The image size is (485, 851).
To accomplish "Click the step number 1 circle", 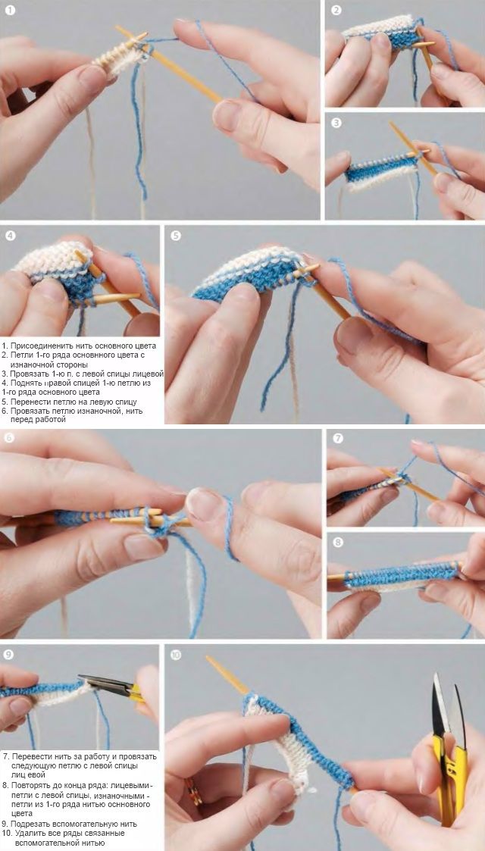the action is (x=11, y=11).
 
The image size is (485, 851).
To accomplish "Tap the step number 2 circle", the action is (x=336, y=11).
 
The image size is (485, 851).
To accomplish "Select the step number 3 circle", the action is (x=336, y=123).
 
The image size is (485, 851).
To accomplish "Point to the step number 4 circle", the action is (x=11, y=236).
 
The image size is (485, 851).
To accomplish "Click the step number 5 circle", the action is (x=175, y=236).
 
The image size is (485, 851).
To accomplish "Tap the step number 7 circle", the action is (x=338, y=438).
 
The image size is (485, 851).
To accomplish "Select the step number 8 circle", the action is (x=338, y=542).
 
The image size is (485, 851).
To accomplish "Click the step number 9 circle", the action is (x=7, y=655).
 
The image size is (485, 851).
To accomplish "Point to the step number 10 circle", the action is (x=176, y=655).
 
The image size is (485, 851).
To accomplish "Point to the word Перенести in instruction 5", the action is (x=30, y=402).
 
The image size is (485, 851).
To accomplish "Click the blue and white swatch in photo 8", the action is (x=402, y=577).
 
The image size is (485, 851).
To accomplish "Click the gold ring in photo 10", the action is (x=194, y=792).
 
